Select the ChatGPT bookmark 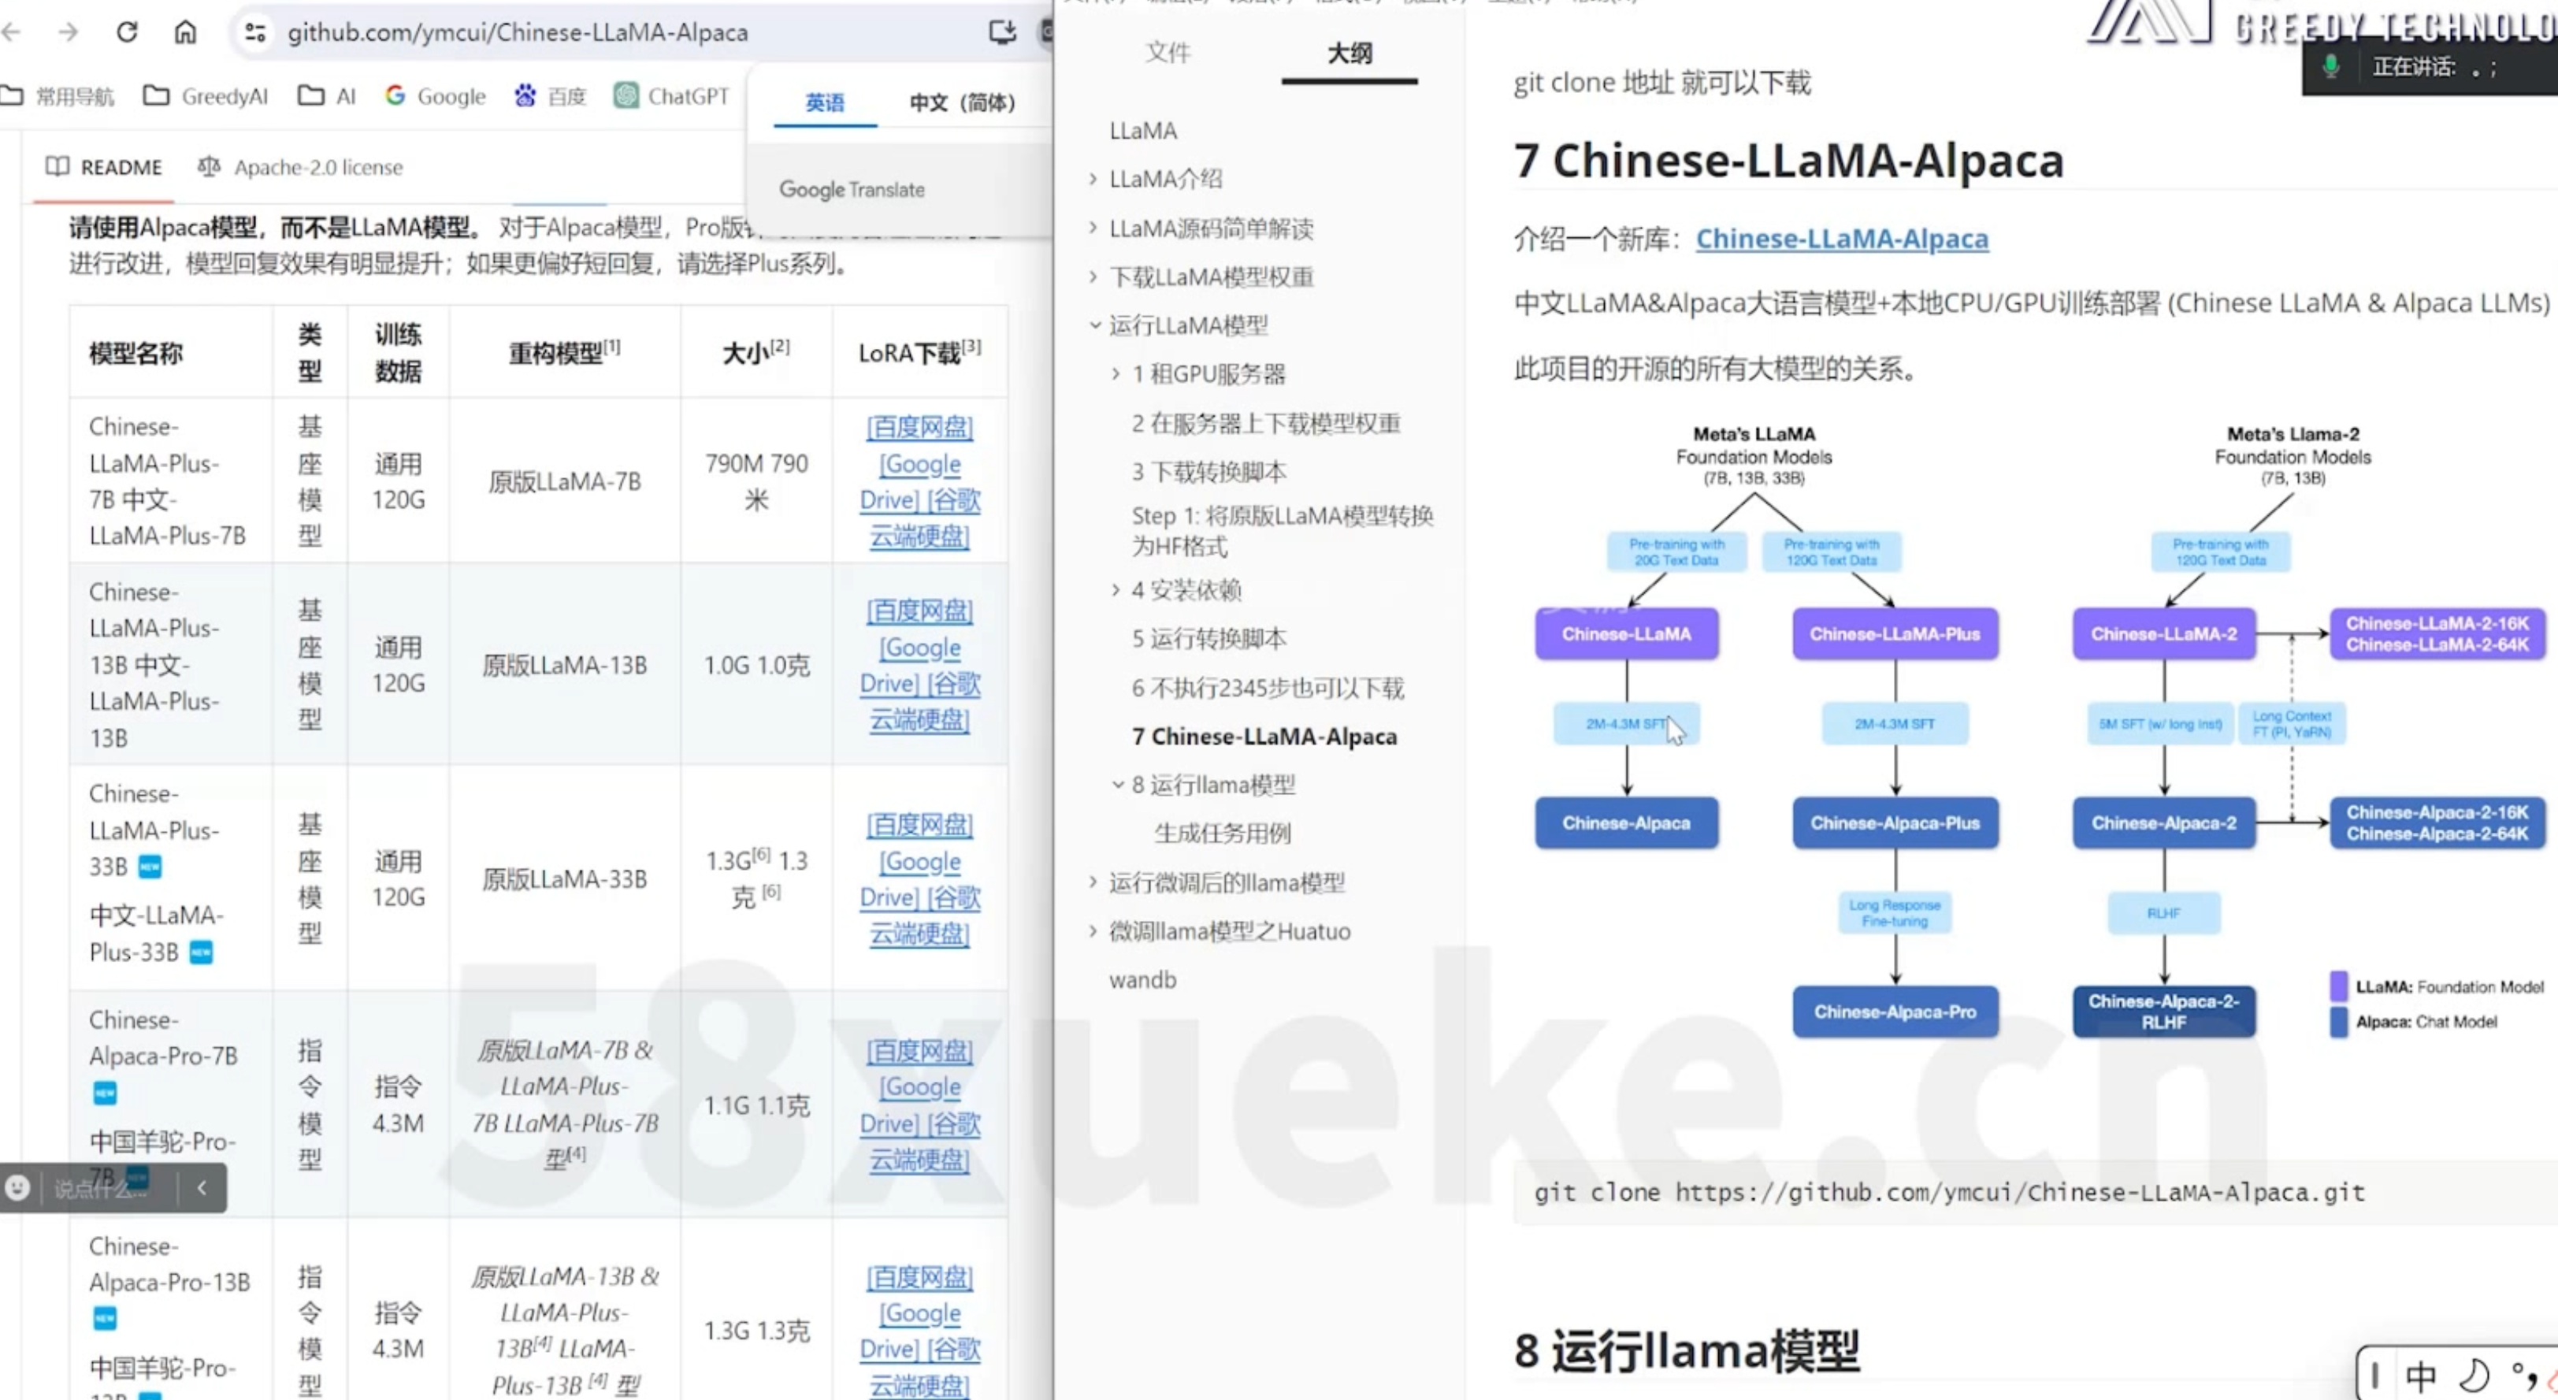click(x=671, y=96)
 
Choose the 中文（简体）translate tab click(x=961, y=102)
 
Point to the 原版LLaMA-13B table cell click(x=564, y=665)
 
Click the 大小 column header click(x=755, y=352)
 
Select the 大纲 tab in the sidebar click(x=1350, y=54)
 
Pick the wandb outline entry click(x=1142, y=980)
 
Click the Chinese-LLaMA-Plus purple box click(x=1895, y=633)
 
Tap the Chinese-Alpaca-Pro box click(x=1895, y=1012)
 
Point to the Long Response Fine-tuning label click(x=1895, y=913)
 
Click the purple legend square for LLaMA click(x=2338, y=986)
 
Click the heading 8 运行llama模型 click(x=1686, y=1351)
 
